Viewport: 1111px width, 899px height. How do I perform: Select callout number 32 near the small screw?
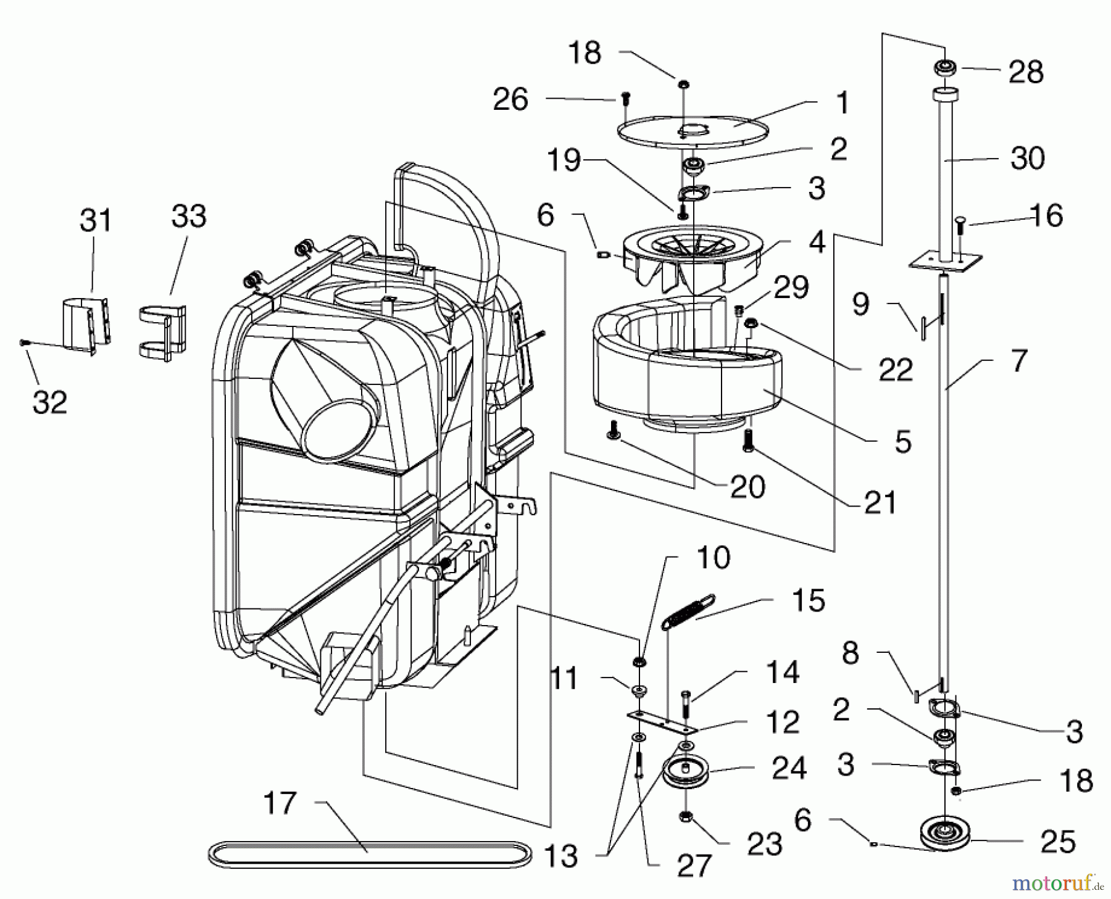tap(49, 402)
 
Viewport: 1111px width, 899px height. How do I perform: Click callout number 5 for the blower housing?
tap(902, 442)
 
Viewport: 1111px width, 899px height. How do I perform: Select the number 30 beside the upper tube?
tap(1027, 159)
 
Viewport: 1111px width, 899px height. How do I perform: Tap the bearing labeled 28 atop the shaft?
tap(945, 68)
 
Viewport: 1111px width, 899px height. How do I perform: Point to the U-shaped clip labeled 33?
tap(161, 332)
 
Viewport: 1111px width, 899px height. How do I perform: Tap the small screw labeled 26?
tap(625, 97)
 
